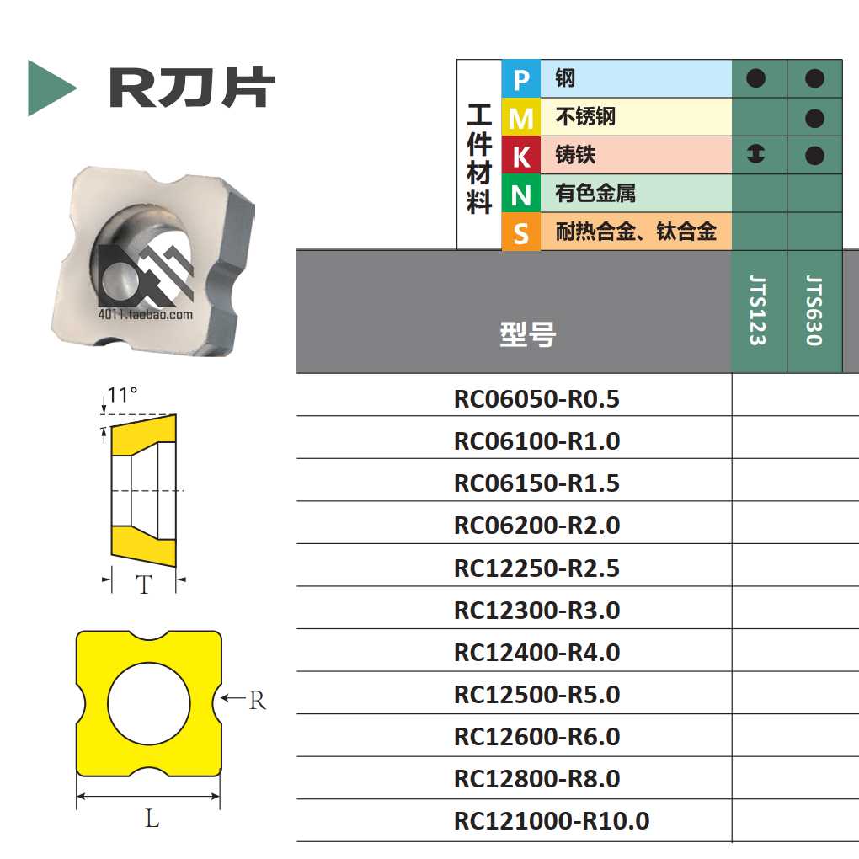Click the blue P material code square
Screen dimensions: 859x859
tap(520, 80)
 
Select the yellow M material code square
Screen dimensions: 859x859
tap(520, 118)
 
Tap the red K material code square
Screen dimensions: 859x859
tap(520, 156)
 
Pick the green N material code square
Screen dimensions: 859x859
tap(520, 195)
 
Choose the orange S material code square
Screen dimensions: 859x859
tap(520, 232)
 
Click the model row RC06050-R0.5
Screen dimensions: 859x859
tap(536, 398)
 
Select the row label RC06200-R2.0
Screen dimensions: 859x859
tap(536, 526)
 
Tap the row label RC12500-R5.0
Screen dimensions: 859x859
tap(536, 695)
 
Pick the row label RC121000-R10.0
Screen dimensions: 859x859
tap(552, 821)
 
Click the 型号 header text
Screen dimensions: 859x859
tap(527, 335)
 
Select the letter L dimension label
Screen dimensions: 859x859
tap(152, 818)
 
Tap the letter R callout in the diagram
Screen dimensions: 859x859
tap(257, 700)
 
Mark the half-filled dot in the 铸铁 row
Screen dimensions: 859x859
tap(756, 154)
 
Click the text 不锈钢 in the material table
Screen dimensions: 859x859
tap(585, 117)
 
